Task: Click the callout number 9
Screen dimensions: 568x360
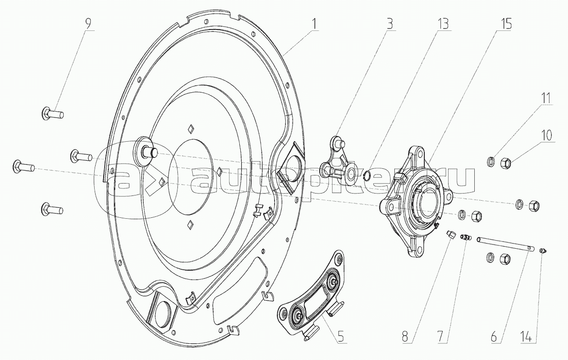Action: click(88, 24)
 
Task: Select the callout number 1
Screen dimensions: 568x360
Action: click(314, 24)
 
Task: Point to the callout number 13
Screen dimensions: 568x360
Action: click(442, 24)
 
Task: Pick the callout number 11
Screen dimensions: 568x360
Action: click(546, 98)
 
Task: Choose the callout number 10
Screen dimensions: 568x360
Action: click(547, 136)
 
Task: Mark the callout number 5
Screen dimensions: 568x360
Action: click(341, 337)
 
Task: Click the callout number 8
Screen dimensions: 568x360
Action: click(405, 337)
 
